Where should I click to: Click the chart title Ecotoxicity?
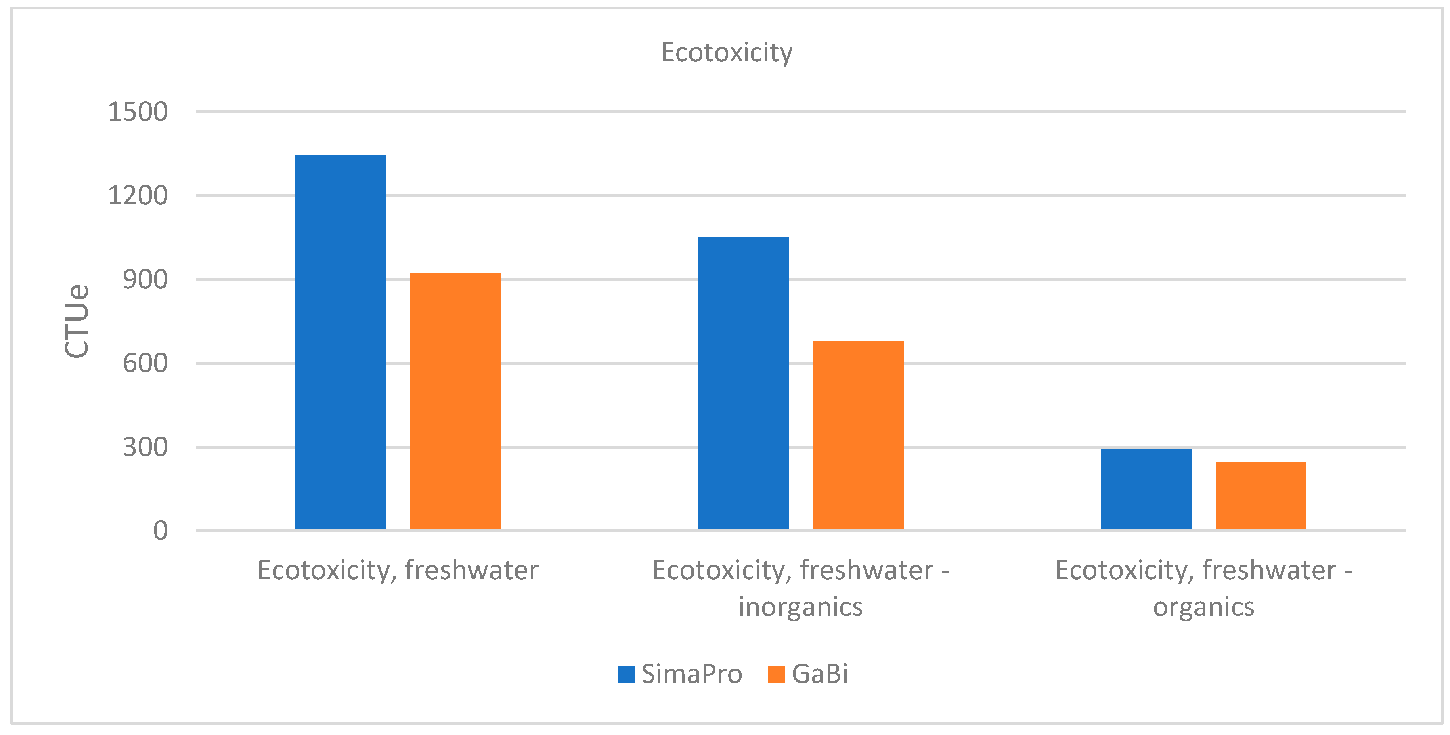pos(726,53)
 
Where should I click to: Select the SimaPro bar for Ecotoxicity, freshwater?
pos(340,342)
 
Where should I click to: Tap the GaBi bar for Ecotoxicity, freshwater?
pos(455,401)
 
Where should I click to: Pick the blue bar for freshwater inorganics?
pos(743,383)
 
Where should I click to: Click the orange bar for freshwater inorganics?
pos(858,435)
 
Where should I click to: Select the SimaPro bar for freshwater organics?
pos(1146,489)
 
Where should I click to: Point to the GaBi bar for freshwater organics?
pos(1261,496)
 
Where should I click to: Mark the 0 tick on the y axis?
pos(160,531)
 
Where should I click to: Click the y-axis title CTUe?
pos(77,321)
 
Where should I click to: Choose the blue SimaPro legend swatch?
pos(625,674)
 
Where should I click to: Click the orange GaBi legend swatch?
pos(775,674)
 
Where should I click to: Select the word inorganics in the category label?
pos(800,607)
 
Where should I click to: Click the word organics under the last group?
pos(1203,607)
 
